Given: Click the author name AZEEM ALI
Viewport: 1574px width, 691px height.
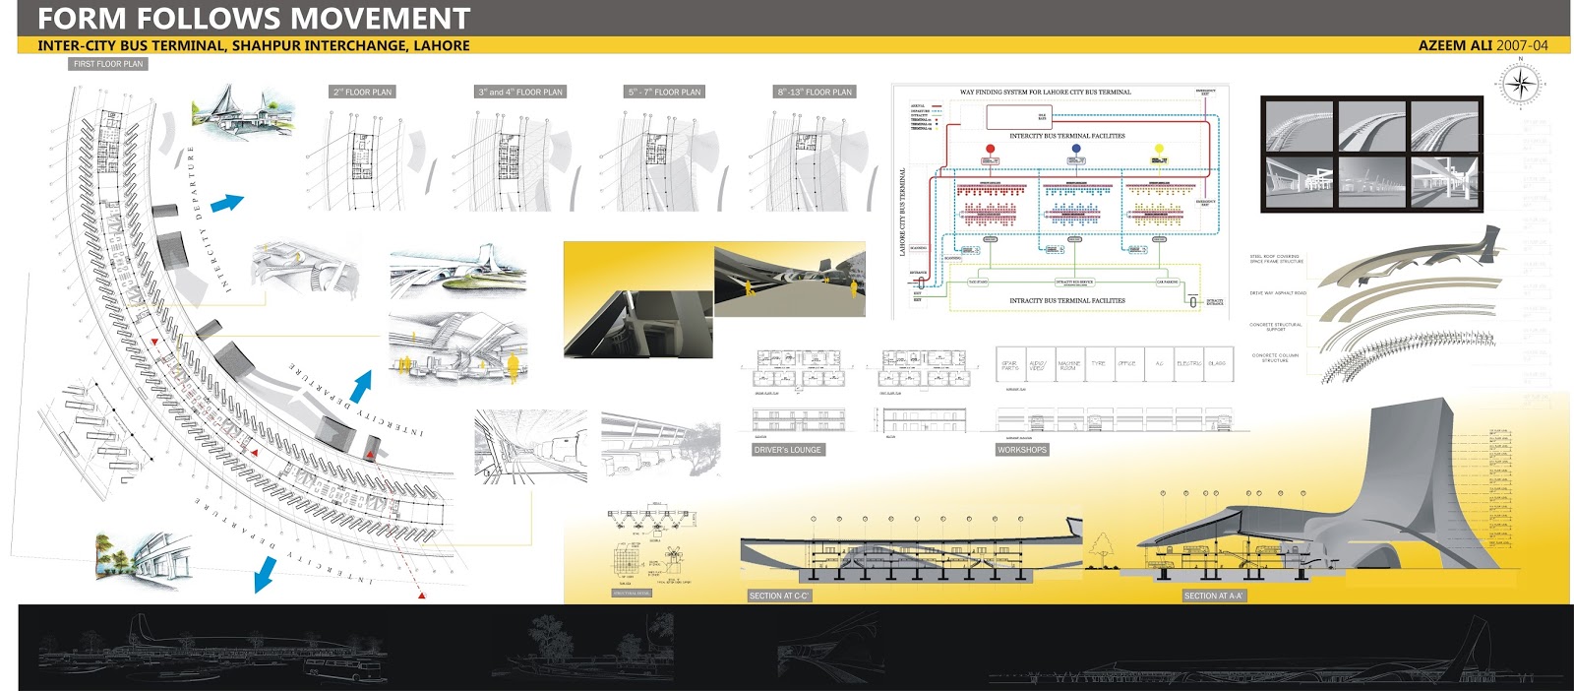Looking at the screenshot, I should [x=1455, y=45].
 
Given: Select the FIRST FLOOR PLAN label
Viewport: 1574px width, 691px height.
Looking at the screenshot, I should [x=108, y=64].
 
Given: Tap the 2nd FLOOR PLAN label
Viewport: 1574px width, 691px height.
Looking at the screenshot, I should [x=362, y=92].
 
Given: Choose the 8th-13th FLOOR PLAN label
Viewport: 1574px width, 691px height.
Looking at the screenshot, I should [x=815, y=92].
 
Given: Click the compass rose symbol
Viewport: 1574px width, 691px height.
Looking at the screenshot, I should [x=1520, y=84].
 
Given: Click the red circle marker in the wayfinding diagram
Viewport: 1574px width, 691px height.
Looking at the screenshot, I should [x=990, y=149].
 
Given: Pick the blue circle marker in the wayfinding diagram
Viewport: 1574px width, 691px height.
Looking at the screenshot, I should [x=1076, y=149].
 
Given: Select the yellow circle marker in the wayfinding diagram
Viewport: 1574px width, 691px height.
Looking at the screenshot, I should [x=1159, y=149].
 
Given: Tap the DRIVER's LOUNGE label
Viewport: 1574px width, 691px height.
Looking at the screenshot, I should [x=787, y=450].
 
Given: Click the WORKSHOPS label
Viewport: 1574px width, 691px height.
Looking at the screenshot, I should [x=1021, y=450].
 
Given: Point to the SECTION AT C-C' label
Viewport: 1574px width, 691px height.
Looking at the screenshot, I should [x=778, y=596].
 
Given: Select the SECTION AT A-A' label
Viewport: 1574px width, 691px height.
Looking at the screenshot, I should [x=1213, y=596].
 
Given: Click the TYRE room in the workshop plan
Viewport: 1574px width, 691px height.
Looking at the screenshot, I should [x=1098, y=363].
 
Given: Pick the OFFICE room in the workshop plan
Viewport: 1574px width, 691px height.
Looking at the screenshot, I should [x=1127, y=363].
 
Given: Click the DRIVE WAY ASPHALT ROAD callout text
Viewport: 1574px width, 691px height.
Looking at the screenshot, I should [x=1278, y=292].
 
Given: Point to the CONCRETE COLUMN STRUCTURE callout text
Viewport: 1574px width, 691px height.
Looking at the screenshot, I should [x=1275, y=357].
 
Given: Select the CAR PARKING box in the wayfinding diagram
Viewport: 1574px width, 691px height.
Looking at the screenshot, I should [x=1167, y=282].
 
